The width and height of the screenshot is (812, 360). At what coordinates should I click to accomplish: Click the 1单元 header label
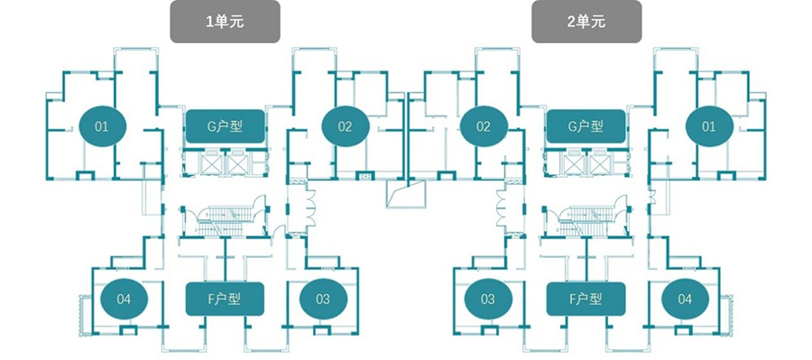[226, 22]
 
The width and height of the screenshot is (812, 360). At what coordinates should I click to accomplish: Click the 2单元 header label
[586, 22]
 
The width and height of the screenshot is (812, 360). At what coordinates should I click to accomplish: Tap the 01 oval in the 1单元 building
[102, 126]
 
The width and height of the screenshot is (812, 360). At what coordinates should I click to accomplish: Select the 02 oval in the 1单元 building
[345, 126]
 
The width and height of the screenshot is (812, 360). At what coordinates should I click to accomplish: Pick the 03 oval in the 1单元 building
[323, 299]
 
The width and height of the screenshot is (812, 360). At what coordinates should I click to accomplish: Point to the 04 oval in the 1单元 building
[124, 299]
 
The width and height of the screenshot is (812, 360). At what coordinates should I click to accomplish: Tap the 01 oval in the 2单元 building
[709, 126]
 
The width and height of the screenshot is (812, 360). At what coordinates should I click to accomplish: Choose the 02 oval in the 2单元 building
[484, 126]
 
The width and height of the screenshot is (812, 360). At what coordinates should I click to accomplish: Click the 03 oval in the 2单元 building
[488, 299]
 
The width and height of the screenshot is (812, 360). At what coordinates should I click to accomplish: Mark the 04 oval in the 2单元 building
[685, 299]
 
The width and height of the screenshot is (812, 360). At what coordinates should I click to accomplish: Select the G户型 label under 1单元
[226, 126]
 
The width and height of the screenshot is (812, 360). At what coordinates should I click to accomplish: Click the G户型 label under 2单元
[586, 126]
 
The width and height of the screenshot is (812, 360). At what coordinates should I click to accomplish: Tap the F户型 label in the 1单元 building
[226, 299]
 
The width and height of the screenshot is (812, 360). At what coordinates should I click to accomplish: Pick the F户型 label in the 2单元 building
[586, 299]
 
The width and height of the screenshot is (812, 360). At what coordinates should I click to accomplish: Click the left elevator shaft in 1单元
[213, 164]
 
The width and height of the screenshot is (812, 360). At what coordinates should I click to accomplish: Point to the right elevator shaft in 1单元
[238, 164]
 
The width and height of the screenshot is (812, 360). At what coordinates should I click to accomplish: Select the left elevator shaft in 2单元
[575, 164]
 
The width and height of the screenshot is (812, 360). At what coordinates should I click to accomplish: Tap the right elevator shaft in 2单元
[599, 164]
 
